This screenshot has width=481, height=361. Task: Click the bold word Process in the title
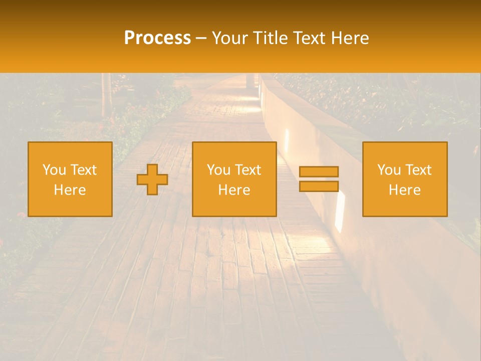157,38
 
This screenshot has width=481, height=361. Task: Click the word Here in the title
351,38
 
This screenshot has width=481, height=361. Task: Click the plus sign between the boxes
152,179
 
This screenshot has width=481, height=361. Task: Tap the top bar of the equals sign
319,171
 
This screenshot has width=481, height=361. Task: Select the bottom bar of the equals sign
319,187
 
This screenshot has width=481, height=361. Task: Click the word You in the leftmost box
54,170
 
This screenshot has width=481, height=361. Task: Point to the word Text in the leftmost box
83,170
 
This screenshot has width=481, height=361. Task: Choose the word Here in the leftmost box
70,190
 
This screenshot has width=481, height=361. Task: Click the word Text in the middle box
248,170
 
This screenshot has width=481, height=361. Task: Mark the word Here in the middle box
234,190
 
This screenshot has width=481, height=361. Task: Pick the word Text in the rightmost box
418,170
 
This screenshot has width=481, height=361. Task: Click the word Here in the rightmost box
404,190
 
